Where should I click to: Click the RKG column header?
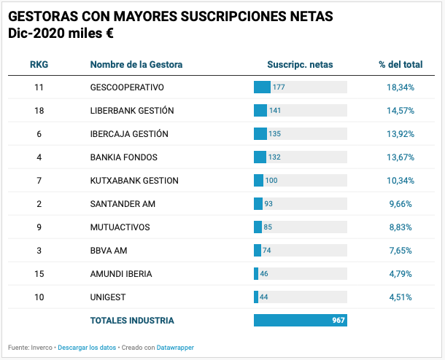pyautogui.click(x=39, y=64)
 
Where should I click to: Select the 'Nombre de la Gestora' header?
pyautogui.click(x=136, y=64)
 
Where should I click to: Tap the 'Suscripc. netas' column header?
pyautogui.click(x=300, y=64)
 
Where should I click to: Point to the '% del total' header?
pyautogui.click(x=400, y=64)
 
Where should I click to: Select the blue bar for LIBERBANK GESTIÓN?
pyautogui.click(x=260, y=111)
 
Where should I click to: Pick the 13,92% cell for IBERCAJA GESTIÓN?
pyautogui.click(x=400, y=134)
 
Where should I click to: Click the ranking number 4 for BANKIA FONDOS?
pyautogui.click(x=39, y=157)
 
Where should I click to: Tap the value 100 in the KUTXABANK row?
pyautogui.click(x=271, y=181)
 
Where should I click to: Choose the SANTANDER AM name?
pyautogui.click(x=123, y=204)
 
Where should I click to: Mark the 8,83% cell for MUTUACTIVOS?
pyautogui.click(x=400, y=227)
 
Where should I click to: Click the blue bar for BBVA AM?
pyautogui.click(x=257, y=251)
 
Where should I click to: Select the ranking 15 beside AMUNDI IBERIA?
pyautogui.click(x=39, y=274)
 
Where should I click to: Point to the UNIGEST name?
pyautogui.click(x=109, y=297)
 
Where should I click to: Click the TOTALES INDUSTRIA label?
pyautogui.click(x=132, y=320)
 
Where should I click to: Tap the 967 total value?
pyautogui.click(x=338, y=320)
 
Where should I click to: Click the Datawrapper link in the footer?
pyautogui.click(x=176, y=348)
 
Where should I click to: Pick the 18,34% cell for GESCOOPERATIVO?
pyautogui.click(x=400, y=87)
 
